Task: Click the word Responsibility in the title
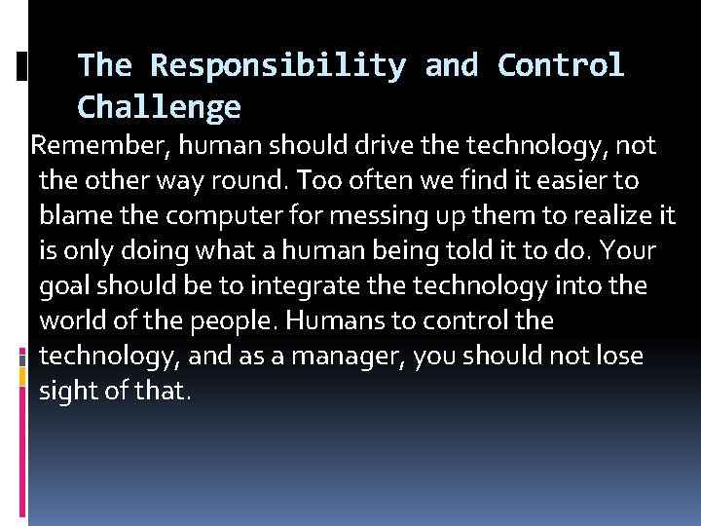(x=277, y=65)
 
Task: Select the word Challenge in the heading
(x=159, y=106)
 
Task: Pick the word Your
(x=629, y=250)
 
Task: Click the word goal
(x=66, y=285)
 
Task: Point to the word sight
(x=70, y=391)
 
